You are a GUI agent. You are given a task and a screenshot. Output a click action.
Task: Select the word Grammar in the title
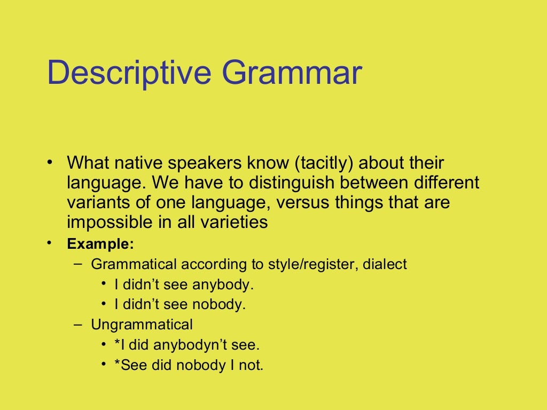(x=292, y=73)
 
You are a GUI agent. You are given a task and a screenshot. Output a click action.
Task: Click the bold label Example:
(x=100, y=245)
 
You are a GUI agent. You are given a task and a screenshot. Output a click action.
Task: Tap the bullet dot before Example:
(x=49, y=243)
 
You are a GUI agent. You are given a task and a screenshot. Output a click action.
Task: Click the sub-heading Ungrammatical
(x=142, y=325)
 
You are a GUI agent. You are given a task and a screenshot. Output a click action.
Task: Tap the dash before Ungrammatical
(x=79, y=325)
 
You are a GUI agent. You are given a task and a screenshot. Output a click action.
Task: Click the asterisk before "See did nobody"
(x=118, y=365)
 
